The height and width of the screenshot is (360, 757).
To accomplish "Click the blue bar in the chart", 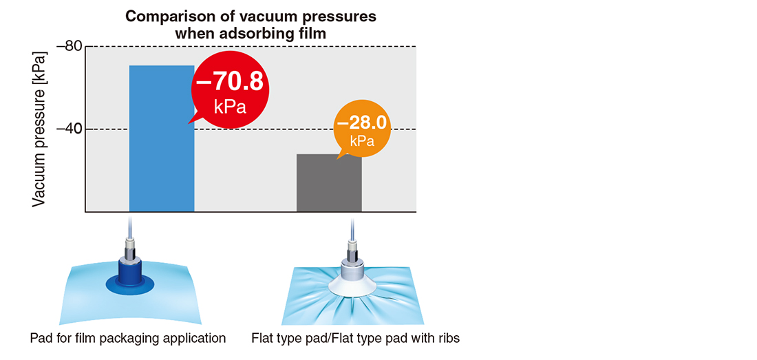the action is tap(162, 138).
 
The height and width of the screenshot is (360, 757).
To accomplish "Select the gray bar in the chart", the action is tap(329, 183).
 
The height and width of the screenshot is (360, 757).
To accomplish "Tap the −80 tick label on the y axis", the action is tap(70, 47).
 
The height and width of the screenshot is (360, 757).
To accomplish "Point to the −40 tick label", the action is tap(70, 129).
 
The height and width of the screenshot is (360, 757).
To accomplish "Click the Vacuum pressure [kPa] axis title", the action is tap(40, 129).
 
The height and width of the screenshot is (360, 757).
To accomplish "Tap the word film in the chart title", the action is tap(317, 34).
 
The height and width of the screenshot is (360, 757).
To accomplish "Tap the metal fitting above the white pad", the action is tap(353, 247).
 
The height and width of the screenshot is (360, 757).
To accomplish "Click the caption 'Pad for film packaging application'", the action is tap(128, 338).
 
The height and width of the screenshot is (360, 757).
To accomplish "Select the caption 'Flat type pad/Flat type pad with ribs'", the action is tap(355, 338).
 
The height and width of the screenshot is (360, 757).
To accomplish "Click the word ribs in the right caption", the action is tap(449, 338).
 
